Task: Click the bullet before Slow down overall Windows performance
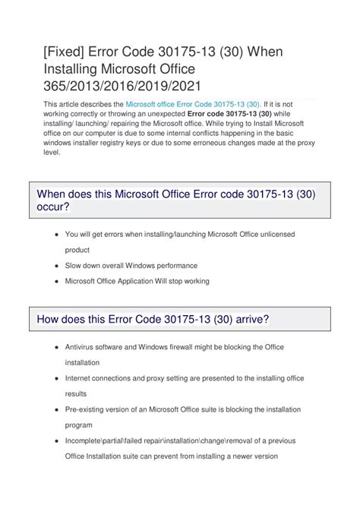coord(58,266)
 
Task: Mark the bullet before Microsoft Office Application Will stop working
coord(58,281)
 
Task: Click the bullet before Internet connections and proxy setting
coord(58,377)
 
